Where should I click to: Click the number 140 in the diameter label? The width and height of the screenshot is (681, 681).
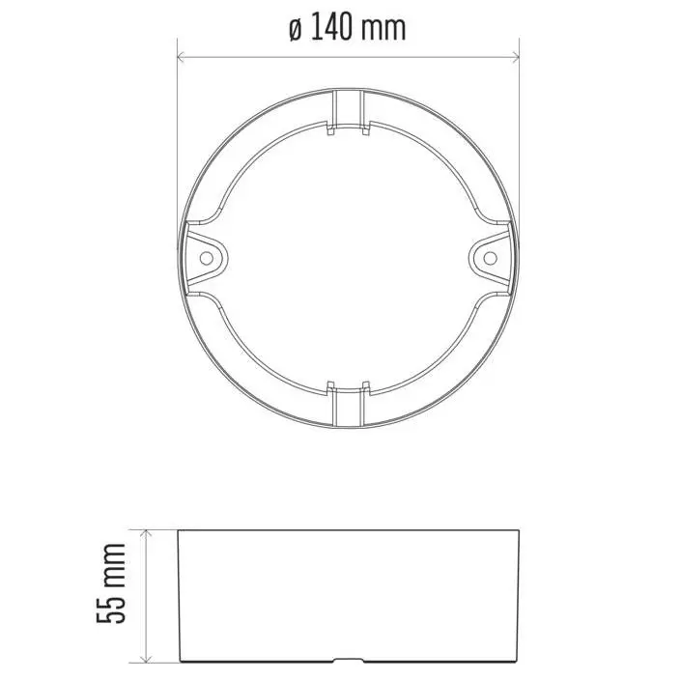pos(330,27)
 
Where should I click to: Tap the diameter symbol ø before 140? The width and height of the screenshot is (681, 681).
pos(296,30)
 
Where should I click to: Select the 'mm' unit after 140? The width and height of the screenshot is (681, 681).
pos(383,30)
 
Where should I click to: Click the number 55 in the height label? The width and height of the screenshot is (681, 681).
pos(111,604)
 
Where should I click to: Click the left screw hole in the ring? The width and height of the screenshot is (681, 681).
pos(207,259)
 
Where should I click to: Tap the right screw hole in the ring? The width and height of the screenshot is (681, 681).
pos(490,258)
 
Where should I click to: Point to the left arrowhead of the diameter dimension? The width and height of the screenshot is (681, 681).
pos(181,56)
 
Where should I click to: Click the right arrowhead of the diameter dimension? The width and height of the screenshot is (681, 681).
pos(516,56)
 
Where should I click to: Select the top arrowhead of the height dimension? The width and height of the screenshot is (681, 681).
pos(147,534)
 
